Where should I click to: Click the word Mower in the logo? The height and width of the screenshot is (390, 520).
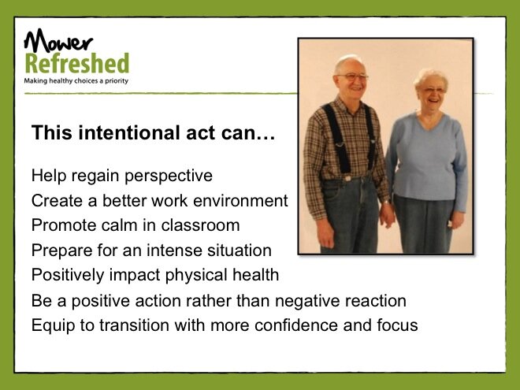[58, 41]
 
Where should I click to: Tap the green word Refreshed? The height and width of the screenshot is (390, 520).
[77, 63]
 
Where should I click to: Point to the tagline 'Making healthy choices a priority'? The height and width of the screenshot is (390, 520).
[76, 80]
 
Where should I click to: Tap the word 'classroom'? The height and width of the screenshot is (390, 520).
[200, 225]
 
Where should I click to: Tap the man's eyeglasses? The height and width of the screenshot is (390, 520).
[352, 77]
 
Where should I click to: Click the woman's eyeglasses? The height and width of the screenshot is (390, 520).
[432, 90]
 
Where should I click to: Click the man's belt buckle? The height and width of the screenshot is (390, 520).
[347, 178]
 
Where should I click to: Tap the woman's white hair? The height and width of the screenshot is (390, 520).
[430, 78]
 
